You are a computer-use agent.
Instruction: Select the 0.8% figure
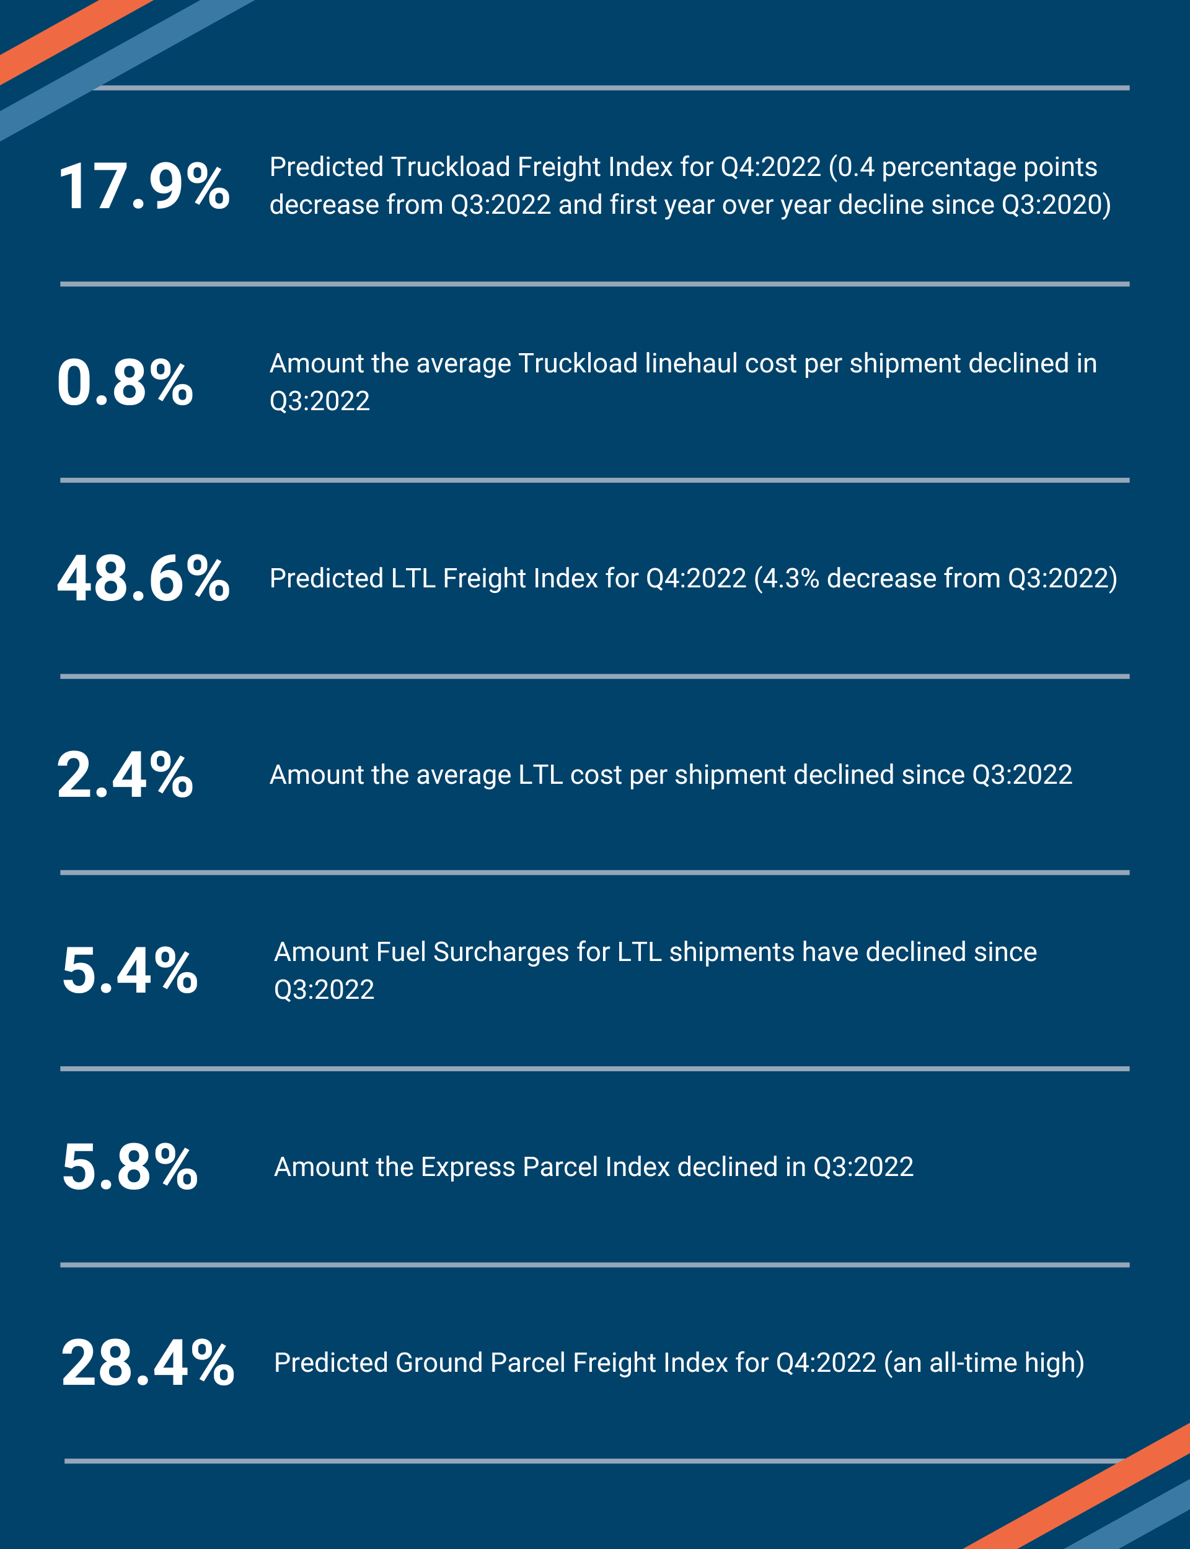click(x=125, y=382)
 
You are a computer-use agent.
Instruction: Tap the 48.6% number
click(x=144, y=579)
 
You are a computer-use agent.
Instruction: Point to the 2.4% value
click(x=125, y=774)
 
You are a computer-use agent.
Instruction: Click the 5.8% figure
click(x=130, y=1167)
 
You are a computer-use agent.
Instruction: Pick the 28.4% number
click(x=148, y=1363)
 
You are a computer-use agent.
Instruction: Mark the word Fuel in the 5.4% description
click(x=401, y=952)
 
